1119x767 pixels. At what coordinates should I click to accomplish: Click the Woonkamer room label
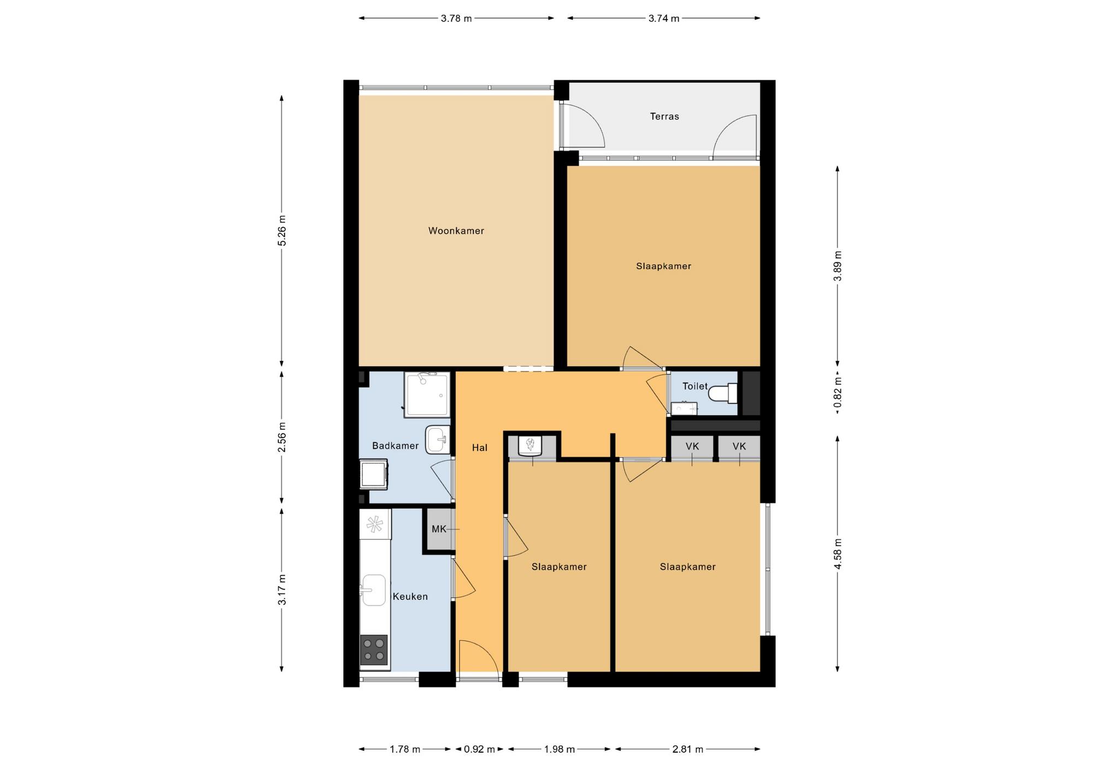456,231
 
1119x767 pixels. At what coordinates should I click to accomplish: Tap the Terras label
664,116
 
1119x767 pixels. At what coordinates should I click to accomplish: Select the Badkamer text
395,446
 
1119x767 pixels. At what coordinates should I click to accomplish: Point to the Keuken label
410,597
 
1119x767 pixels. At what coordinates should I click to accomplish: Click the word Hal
479,447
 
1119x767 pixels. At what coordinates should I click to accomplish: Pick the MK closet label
439,529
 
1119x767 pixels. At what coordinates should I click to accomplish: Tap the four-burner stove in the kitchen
374,650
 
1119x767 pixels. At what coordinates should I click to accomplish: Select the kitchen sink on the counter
374,590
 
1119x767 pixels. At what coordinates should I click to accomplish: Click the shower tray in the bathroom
427,395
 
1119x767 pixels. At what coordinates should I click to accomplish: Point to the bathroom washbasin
437,439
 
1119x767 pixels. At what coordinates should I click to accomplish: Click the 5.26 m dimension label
282,231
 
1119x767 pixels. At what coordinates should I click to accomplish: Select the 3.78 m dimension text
456,19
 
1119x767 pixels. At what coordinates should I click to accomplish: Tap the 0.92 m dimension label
479,749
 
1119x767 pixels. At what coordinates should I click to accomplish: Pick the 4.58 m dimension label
838,553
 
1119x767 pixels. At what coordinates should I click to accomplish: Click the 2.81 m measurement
687,749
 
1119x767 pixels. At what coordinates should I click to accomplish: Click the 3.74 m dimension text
664,19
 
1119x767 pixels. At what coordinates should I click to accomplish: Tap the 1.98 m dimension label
559,749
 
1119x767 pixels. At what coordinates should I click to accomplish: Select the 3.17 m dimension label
282,589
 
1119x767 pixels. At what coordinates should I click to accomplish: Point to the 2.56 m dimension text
282,437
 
